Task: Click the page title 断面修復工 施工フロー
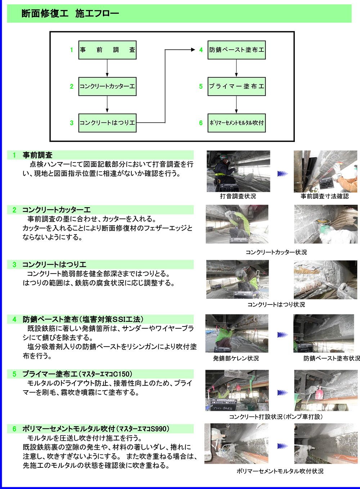click(x=70, y=14)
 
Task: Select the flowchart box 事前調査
click(x=107, y=50)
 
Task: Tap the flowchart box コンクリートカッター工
click(x=107, y=86)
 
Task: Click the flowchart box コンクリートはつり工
click(x=107, y=123)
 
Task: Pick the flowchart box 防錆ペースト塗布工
click(x=237, y=50)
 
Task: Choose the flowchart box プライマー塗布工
click(x=237, y=86)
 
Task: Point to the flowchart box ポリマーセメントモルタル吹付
click(x=237, y=123)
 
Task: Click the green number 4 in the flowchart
click(x=201, y=50)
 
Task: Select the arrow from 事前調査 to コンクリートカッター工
click(x=107, y=68)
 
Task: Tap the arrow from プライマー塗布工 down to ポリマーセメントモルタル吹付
click(x=237, y=105)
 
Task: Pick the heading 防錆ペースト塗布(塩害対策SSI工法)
click(x=83, y=319)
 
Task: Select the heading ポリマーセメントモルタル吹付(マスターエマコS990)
click(x=95, y=429)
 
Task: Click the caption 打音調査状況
click(x=238, y=196)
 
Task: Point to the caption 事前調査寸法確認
click(x=325, y=196)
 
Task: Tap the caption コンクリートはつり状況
click(x=276, y=305)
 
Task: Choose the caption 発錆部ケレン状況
click(x=236, y=359)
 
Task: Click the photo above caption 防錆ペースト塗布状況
click(x=324, y=333)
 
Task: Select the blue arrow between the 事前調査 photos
click(x=283, y=174)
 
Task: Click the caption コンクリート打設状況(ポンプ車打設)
click(x=276, y=417)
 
